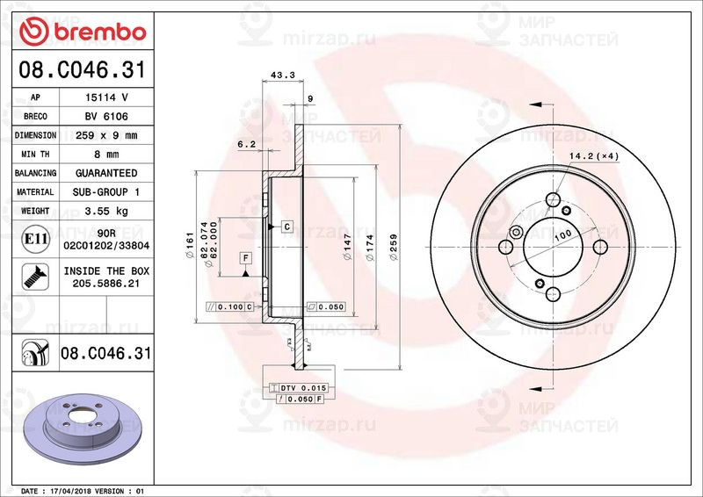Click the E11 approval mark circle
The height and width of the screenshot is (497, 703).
click(x=33, y=239)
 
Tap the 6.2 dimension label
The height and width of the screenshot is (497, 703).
click(x=246, y=143)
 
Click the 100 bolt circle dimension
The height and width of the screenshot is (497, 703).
click(x=562, y=233)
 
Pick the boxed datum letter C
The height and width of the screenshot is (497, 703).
click(x=286, y=227)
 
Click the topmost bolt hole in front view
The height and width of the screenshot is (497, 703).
click(x=553, y=199)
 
